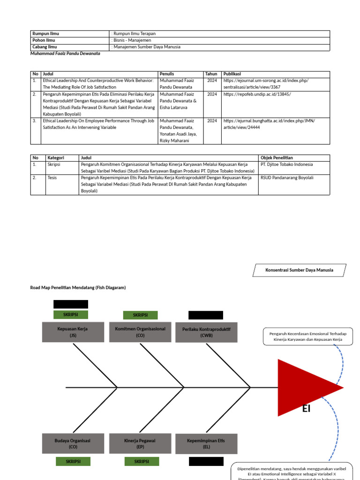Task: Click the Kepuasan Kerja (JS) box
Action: click(x=73, y=332)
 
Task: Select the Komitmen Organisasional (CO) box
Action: click(x=141, y=332)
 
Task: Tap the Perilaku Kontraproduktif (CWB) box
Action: click(x=206, y=332)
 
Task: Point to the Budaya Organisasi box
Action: click(x=73, y=443)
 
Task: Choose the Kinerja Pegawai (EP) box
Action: click(x=140, y=443)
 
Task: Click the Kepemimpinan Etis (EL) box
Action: click(x=206, y=443)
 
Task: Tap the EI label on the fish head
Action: click(x=306, y=409)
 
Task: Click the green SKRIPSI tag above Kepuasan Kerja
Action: click(x=71, y=315)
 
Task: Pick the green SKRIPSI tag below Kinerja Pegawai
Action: click(x=142, y=462)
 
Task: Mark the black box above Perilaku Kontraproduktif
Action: click(x=206, y=315)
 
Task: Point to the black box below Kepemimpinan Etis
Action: click(x=206, y=462)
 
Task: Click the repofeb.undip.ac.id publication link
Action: click(x=250, y=94)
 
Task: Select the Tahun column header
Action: click(x=211, y=74)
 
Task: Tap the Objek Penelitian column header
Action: click(x=277, y=158)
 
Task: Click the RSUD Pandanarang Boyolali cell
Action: click(x=287, y=178)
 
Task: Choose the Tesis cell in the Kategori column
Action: click(x=52, y=178)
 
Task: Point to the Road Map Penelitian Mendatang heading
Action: click(x=78, y=287)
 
